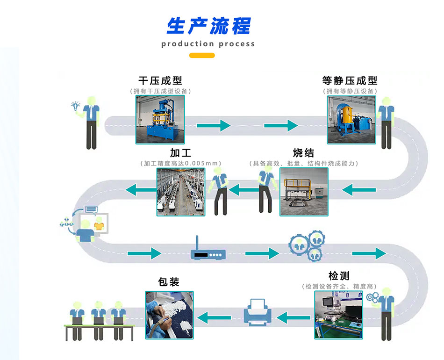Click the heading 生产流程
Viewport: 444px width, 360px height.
[208, 26]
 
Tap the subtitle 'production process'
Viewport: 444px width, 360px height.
[208, 44]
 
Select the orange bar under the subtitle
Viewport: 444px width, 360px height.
[202, 56]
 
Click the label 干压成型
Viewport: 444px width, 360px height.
[160, 80]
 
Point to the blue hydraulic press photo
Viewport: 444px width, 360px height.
[160, 120]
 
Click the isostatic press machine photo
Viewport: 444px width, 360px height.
[351, 120]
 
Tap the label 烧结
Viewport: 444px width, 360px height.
[303, 153]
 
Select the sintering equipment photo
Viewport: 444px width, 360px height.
[304, 192]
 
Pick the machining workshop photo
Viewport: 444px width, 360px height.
[180, 192]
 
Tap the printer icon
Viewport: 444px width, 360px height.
[256, 312]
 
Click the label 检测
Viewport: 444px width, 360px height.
[339, 276]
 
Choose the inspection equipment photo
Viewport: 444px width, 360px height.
[338, 314]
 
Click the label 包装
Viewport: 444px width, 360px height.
[169, 282]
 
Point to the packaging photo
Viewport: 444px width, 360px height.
[169, 314]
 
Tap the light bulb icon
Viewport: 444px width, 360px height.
[75, 106]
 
